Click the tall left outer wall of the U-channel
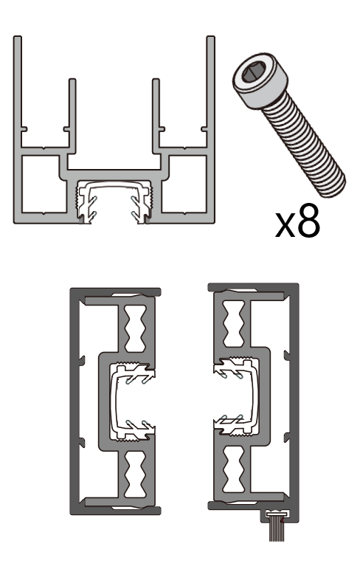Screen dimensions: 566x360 (x=17, y=89)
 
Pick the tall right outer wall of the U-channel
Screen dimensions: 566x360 (x=212, y=89)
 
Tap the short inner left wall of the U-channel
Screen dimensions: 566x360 (x=72, y=111)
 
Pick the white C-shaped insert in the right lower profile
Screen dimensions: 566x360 (x=240, y=398)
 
